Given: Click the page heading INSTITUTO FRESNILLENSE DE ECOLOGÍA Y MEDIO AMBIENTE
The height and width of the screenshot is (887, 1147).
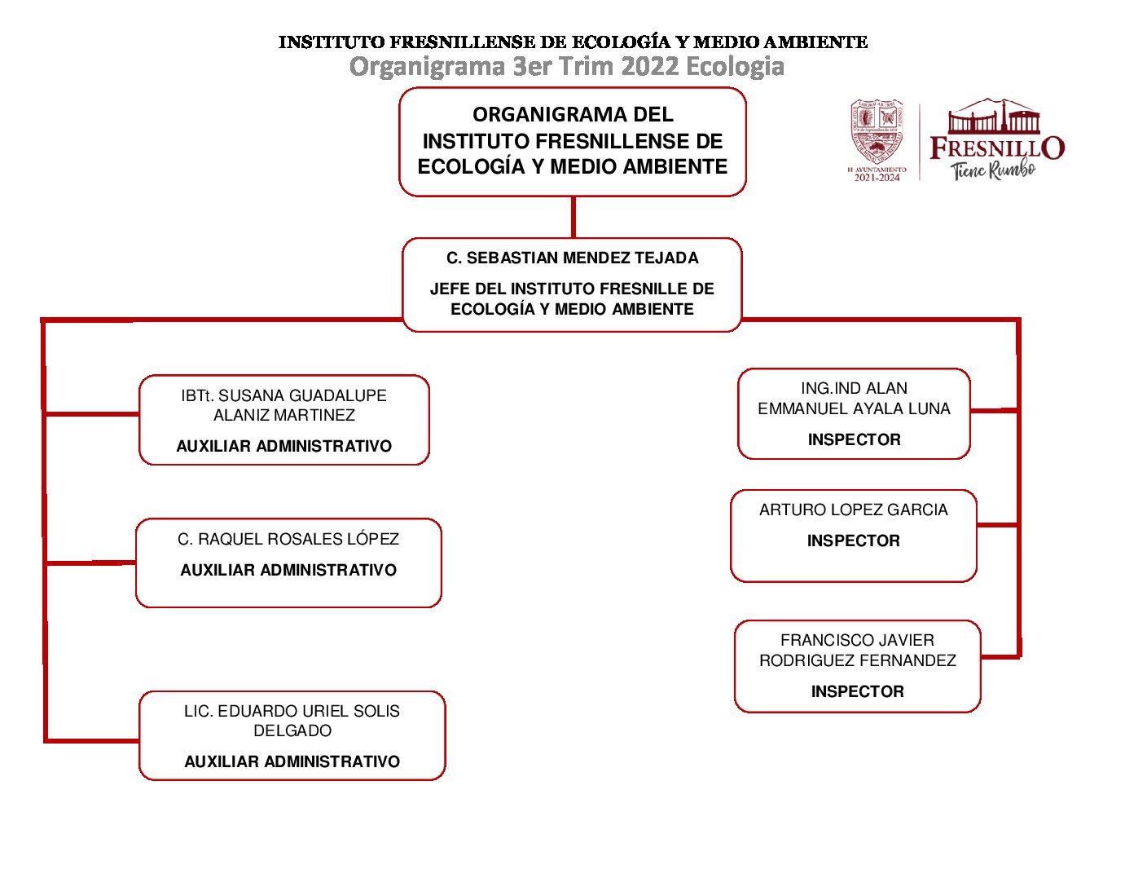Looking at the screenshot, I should tap(573, 42).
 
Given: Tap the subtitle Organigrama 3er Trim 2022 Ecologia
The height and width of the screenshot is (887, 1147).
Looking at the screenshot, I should tap(566, 66).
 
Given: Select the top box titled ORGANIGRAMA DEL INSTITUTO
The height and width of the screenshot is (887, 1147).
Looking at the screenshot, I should tap(572, 141).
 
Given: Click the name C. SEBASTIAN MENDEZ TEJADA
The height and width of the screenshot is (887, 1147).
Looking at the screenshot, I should tap(572, 258).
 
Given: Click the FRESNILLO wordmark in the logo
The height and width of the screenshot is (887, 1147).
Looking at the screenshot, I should tap(996, 148).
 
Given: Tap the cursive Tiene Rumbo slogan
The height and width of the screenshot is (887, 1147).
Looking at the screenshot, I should tap(992, 170).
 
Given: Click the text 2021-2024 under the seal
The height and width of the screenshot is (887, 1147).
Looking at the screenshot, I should tap(877, 178).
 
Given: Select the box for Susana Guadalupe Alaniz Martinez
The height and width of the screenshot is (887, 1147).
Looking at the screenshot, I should tap(283, 420).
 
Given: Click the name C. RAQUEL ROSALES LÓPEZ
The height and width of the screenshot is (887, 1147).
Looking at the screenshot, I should tap(288, 539).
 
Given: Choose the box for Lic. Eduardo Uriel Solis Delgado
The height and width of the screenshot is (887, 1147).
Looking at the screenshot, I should tap(292, 735).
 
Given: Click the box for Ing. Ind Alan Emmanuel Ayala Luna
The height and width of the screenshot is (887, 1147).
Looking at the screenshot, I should tap(854, 413).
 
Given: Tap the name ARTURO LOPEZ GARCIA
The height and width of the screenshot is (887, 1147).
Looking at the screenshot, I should tap(854, 510).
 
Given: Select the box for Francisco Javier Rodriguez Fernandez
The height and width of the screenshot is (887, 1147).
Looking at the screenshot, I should tap(857, 666).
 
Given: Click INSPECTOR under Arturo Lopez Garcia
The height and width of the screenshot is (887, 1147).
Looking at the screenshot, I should tap(854, 541).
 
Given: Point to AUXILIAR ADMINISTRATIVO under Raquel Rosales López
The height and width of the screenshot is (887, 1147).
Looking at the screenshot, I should tap(288, 571).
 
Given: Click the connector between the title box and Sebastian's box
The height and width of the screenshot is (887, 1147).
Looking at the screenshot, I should tap(573, 217).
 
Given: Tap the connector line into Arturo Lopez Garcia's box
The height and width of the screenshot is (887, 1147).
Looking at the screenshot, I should tap(997, 525).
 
